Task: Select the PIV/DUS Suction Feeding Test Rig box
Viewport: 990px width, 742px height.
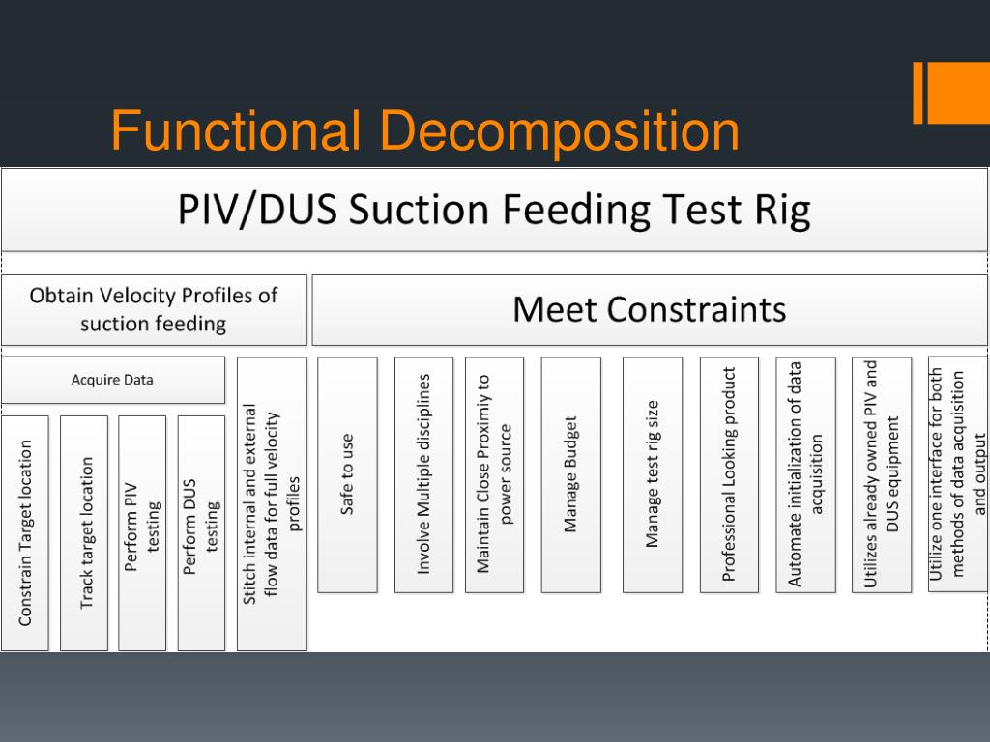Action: coord(494,211)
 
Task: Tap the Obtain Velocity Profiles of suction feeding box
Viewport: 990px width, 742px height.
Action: coord(154,310)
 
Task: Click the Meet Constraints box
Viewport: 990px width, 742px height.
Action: coord(649,310)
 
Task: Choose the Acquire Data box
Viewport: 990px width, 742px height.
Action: coord(112,380)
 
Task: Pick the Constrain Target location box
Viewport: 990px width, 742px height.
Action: coord(25,532)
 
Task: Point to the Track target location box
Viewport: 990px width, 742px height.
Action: coord(84,532)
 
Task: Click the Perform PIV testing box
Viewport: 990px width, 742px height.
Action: coord(142,532)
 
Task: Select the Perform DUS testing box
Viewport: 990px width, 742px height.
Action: coord(201,532)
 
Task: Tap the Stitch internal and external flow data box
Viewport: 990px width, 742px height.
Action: coord(272,503)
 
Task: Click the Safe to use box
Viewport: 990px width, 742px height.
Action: coord(347,474)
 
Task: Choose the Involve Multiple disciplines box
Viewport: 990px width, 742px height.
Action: coord(423,474)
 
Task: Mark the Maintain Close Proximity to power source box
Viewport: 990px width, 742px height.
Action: coord(494,474)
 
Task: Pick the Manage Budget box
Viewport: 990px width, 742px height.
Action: coord(570,474)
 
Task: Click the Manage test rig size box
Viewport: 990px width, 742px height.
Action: coord(653,474)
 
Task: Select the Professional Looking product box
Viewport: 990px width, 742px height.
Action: coord(729,474)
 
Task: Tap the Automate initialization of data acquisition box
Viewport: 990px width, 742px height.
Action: coord(805,474)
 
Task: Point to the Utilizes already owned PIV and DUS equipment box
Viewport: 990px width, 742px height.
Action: coord(882,474)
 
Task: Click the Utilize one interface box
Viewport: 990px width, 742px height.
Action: coord(957,474)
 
